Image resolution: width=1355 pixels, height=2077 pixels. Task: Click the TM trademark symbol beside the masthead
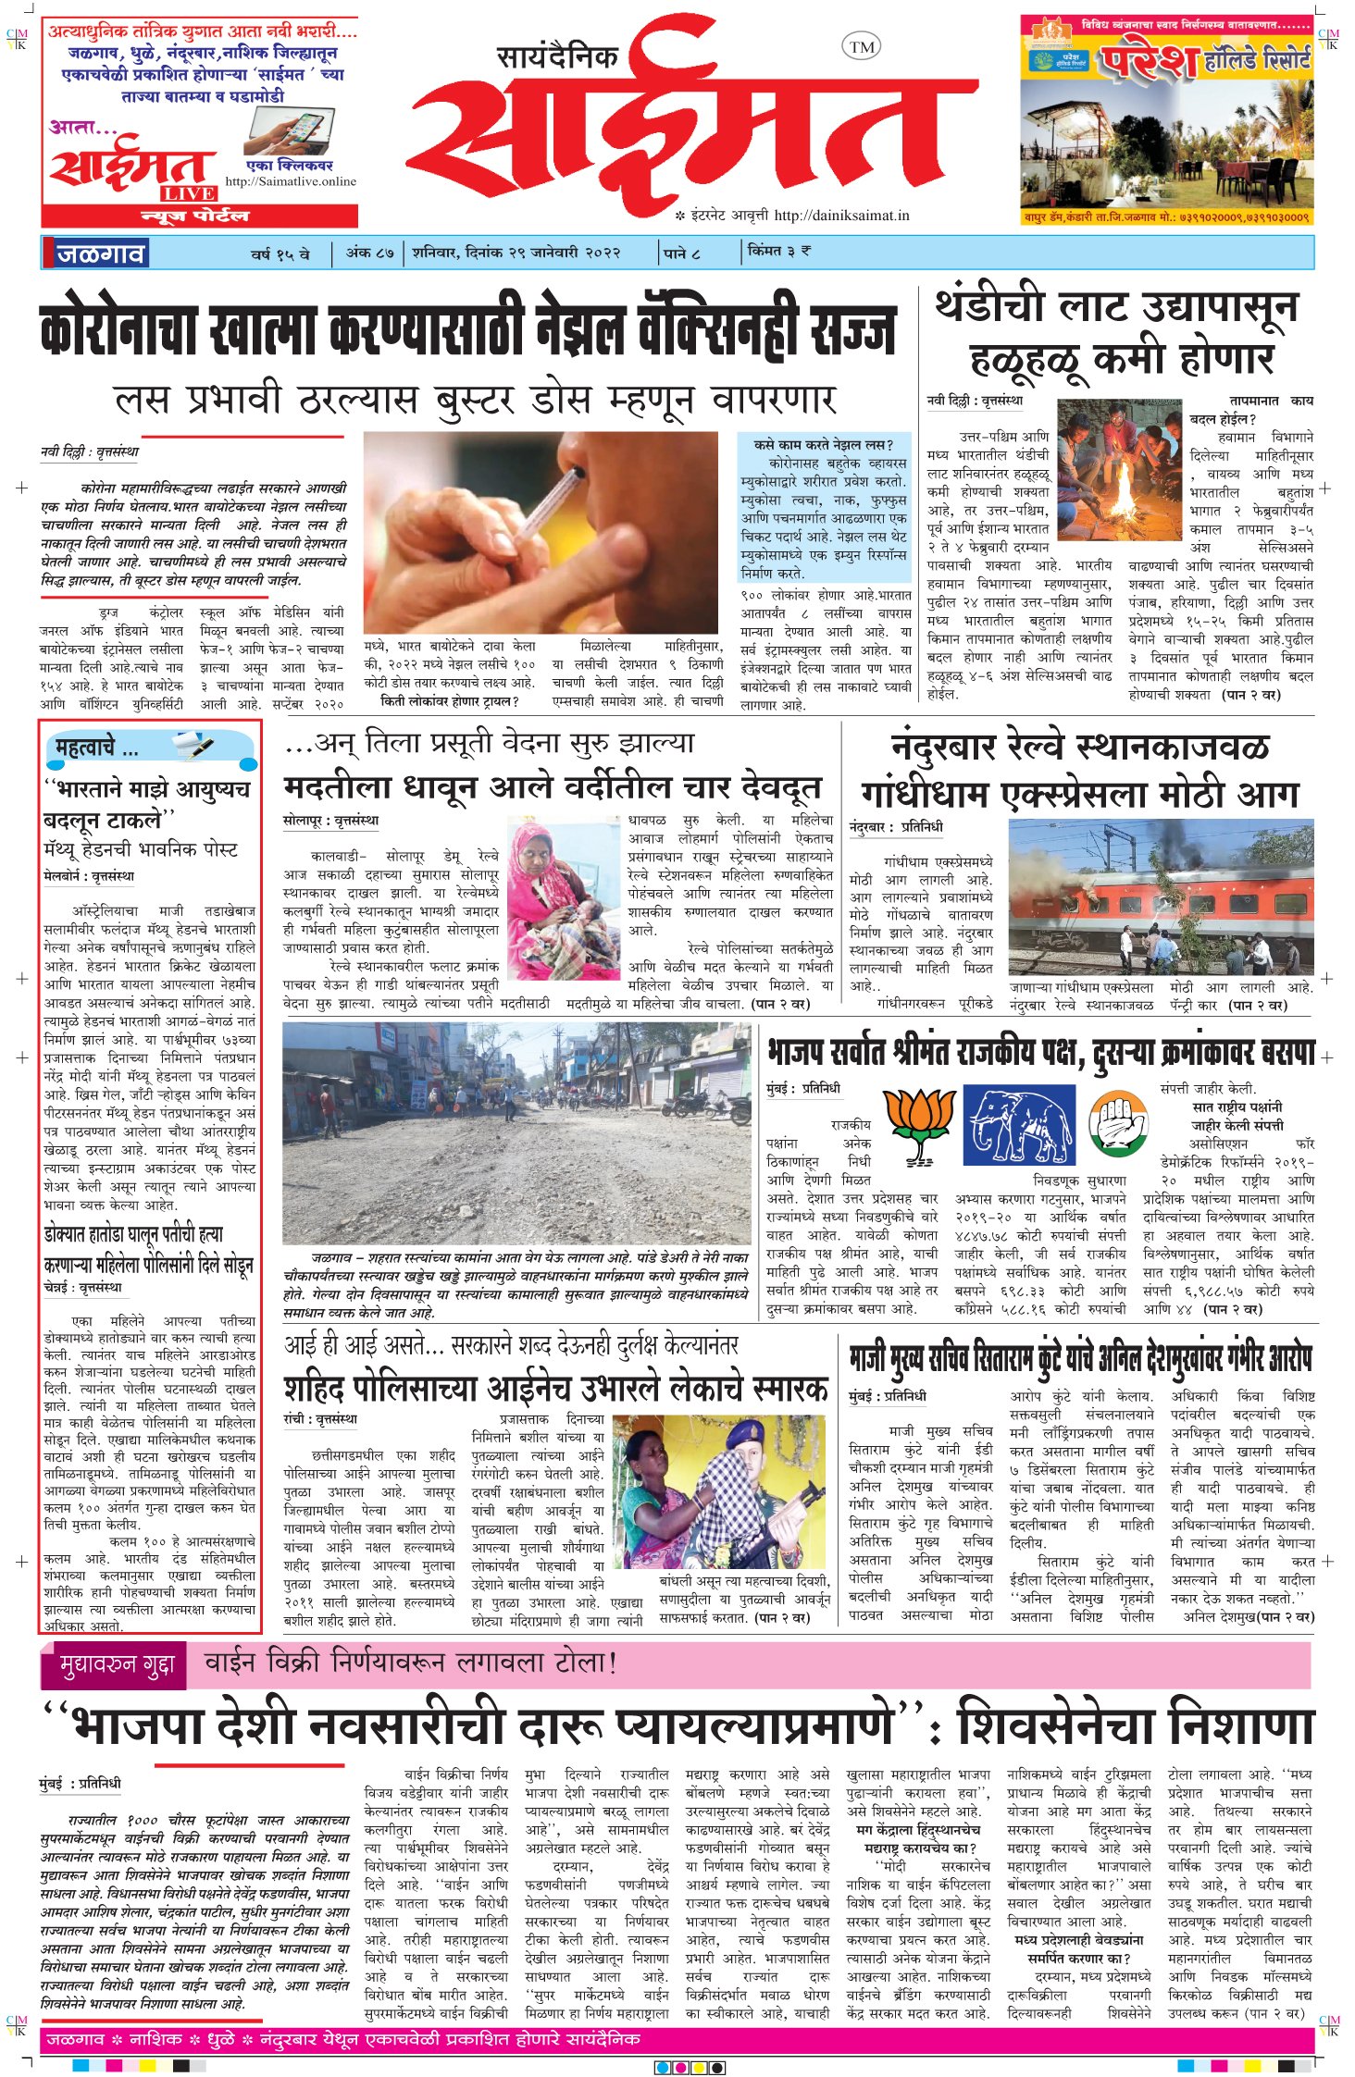[861, 47]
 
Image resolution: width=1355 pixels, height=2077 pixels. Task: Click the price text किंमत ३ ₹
[779, 251]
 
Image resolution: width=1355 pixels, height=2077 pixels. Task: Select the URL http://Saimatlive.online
[291, 181]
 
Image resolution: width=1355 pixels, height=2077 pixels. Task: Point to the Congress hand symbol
[1118, 1121]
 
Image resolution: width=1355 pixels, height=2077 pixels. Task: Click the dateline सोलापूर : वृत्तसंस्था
[329, 820]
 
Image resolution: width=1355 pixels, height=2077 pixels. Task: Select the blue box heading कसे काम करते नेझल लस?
[823, 444]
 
